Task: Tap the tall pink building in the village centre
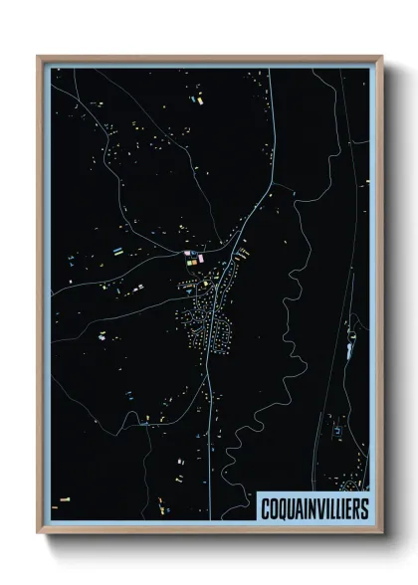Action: pos(201,259)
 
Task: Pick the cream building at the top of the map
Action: pos(197,99)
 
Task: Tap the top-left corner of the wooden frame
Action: pos(39,57)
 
